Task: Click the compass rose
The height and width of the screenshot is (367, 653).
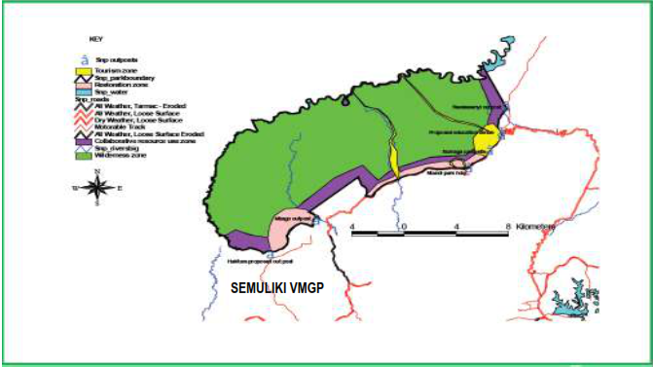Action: (96, 187)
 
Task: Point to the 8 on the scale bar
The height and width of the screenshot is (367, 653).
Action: (509, 225)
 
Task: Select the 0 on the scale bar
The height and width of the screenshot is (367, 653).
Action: (404, 225)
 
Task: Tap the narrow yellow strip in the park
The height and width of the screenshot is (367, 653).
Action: (394, 156)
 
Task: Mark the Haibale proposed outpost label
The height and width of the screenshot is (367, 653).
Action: (255, 260)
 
